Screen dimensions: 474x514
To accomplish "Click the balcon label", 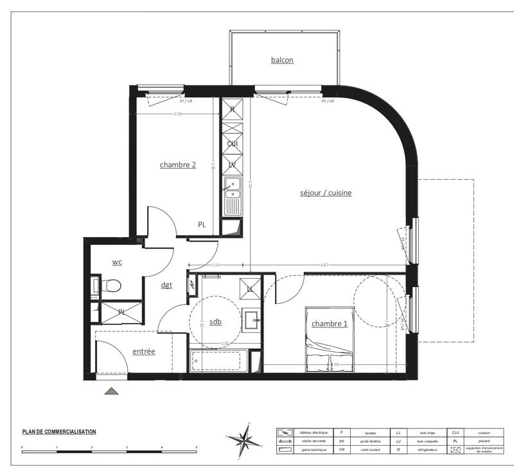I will click(x=282, y=60).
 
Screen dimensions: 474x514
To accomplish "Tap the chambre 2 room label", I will click(x=178, y=165).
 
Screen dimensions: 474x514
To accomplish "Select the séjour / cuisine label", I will click(x=325, y=193).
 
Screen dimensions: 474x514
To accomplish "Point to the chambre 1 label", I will click(x=330, y=324).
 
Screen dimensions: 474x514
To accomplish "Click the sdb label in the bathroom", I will click(x=215, y=322).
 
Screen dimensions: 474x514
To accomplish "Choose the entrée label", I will click(x=144, y=351).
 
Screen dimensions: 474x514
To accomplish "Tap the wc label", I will click(x=117, y=262).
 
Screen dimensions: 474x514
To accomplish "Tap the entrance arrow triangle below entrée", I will click(x=112, y=391).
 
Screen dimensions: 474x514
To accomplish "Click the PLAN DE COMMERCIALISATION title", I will click(x=58, y=432).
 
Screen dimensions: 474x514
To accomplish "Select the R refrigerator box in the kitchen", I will click(x=232, y=109).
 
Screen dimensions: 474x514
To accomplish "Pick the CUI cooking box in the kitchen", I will click(x=232, y=143).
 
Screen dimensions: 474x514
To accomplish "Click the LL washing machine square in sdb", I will click(x=250, y=288).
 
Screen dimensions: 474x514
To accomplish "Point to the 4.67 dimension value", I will click(x=325, y=265).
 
